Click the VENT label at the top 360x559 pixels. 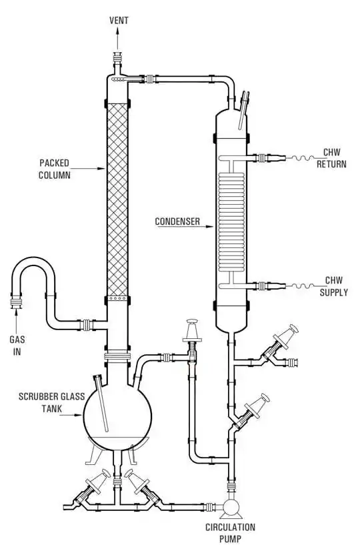[119, 20]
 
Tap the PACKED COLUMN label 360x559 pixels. [55, 169]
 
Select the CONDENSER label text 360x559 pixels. [177, 221]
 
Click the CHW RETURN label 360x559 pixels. [331, 158]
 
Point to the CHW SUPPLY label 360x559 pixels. [333, 286]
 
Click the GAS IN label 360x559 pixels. [17, 345]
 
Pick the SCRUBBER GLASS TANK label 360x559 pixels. [52, 402]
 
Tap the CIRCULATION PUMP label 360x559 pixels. [230, 532]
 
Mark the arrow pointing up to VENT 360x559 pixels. [117, 39]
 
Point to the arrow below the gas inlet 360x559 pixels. [17, 321]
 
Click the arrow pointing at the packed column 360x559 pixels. [89, 168]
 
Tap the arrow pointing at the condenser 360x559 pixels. [185, 226]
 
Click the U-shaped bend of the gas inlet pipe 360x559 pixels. [33, 260]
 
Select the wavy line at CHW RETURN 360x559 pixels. [302, 158]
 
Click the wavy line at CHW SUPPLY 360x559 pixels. [302, 286]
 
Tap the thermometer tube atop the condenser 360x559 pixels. [244, 110]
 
